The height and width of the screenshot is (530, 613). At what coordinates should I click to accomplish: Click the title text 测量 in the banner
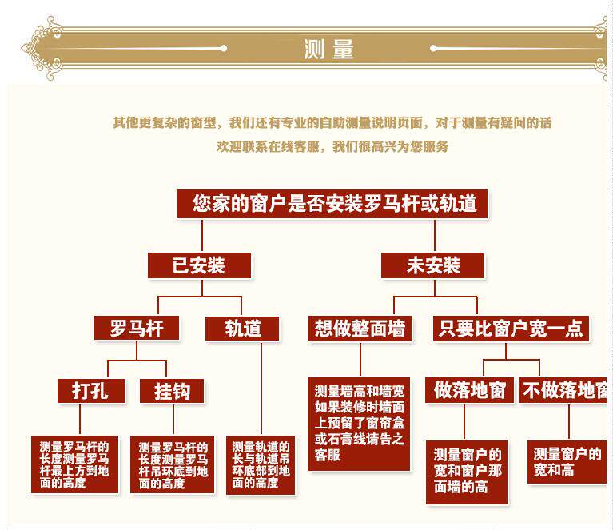coord(328,49)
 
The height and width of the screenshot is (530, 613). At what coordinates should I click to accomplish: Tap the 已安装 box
coord(199,265)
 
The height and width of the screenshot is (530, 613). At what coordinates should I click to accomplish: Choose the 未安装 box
coord(432,265)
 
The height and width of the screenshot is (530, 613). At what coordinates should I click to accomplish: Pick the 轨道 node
coord(242,328)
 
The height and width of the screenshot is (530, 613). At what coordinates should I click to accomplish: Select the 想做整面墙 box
coord(360,328)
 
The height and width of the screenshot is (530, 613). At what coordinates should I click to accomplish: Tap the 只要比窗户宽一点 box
coord(511,328)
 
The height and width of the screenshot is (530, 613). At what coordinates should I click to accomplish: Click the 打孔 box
coord(89,390)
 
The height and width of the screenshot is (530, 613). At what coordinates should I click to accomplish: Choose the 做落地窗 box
coord(470,390)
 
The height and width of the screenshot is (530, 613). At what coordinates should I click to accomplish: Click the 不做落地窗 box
coord(564,390)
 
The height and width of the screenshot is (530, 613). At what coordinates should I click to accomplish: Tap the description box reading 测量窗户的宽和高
coord(567,462)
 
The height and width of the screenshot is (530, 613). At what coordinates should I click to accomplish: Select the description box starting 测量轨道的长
coord(261,464)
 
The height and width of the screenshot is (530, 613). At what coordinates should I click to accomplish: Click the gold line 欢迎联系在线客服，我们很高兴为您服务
coord(332,146)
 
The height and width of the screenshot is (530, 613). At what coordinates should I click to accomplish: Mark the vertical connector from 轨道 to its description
coord(261,388)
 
